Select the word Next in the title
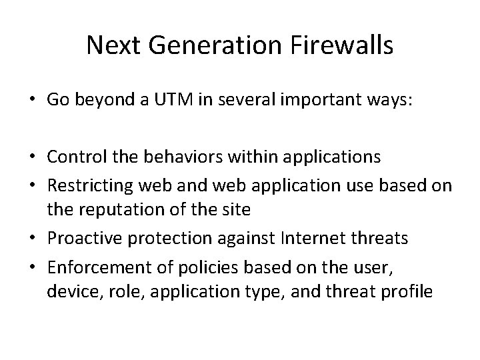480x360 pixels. (x=111, y=46)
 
